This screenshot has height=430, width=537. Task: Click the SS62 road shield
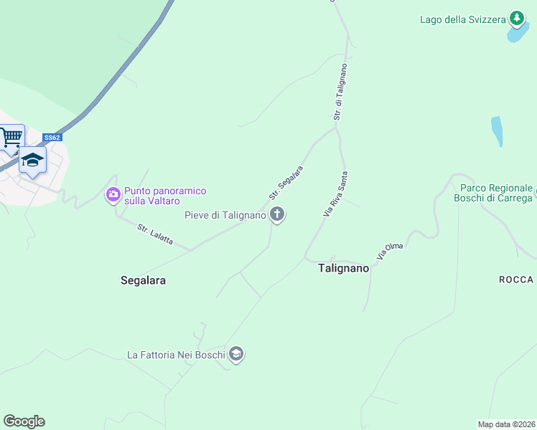pyautogui.click(x=52, y=138)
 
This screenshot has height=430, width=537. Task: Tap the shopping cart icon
pyautogui.click(x=11, y=137)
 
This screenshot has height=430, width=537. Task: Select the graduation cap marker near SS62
pyautogui.click(x=32, y=159)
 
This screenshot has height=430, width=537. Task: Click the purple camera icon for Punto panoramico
pyautogui.click(x=113, y=195)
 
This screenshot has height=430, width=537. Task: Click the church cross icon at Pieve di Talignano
pyautogui.click(x=277, y=214)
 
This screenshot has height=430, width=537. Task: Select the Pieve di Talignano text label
pyautogui.click(x=225, y=215)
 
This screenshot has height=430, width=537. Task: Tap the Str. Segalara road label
pyautogui.click(x=286, y=183)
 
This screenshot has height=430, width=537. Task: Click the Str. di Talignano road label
pyautogui.click(x=341, y=92)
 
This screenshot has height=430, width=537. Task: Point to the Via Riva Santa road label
pyautogui.click(x=336, y=193)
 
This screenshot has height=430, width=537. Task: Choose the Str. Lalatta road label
pyautogui.click(x=155, y=234)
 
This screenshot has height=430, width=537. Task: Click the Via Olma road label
pyautogui.click(x=390, y=252)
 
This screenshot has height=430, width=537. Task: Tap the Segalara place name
pyautogui.click(x=143, y=281)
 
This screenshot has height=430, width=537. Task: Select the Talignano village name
pyautogui.click(x=343, y=268)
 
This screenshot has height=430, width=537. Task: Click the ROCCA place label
pyautogui.click(x=516, y=279)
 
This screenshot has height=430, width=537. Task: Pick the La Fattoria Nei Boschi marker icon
pyautogui.click(x=236, y=354)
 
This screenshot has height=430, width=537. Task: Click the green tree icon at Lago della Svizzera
pyautogui.click(x=516, y=18)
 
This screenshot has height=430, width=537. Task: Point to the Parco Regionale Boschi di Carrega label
pyautogui.click(x=496, y=193)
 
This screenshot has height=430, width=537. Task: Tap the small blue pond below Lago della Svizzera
pyautogui.click(x=497, y=131)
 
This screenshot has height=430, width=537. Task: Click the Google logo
pyautogui.click(x=24, y=421)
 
